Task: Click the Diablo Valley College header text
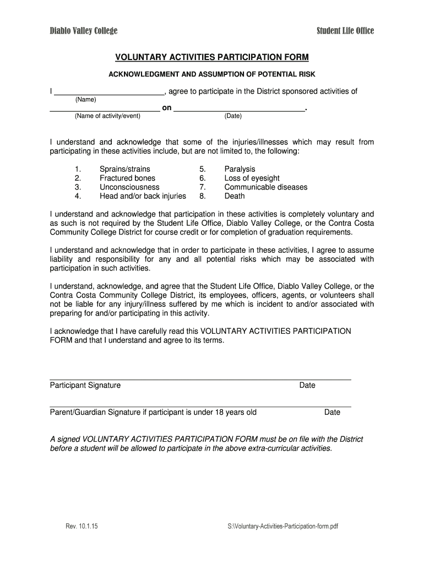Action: point(83,31)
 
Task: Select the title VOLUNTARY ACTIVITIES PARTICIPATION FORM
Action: point(211,57)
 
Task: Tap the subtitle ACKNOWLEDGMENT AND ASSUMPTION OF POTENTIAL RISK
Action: point(211,74)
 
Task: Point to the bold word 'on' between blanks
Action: point(166,108)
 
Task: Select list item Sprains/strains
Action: point(124,169)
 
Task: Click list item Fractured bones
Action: point(127,178)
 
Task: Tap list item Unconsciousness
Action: point(129,187)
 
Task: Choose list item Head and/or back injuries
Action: point(143,196)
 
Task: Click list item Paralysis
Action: point(240,169)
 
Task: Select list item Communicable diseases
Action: point(265,187)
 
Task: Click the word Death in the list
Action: point(235,196)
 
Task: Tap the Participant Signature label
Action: point(85,385)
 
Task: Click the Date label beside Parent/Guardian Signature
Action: point(332,412)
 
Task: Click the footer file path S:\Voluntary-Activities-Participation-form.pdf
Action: point(282,526)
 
